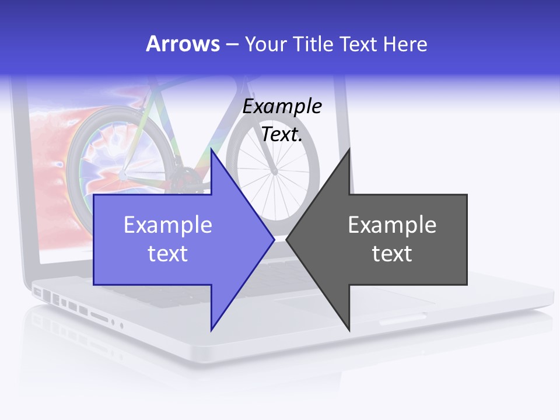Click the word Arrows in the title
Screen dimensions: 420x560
[x=183, y=44]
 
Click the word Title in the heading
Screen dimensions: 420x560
[x=313, y=44]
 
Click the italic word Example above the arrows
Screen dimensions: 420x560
[x=282, y=106]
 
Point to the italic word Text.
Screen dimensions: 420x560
[x=282, y=135]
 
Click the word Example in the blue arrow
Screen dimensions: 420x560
[x=168, y=225]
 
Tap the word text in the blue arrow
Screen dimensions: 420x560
[x=168, y=254]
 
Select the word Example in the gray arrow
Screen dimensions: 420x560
[x=392, y=225]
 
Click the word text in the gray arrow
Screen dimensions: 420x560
[x=392, y=254]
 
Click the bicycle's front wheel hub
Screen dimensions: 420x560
[x=274, y=171]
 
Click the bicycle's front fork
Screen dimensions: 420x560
[x=265, y=146]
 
